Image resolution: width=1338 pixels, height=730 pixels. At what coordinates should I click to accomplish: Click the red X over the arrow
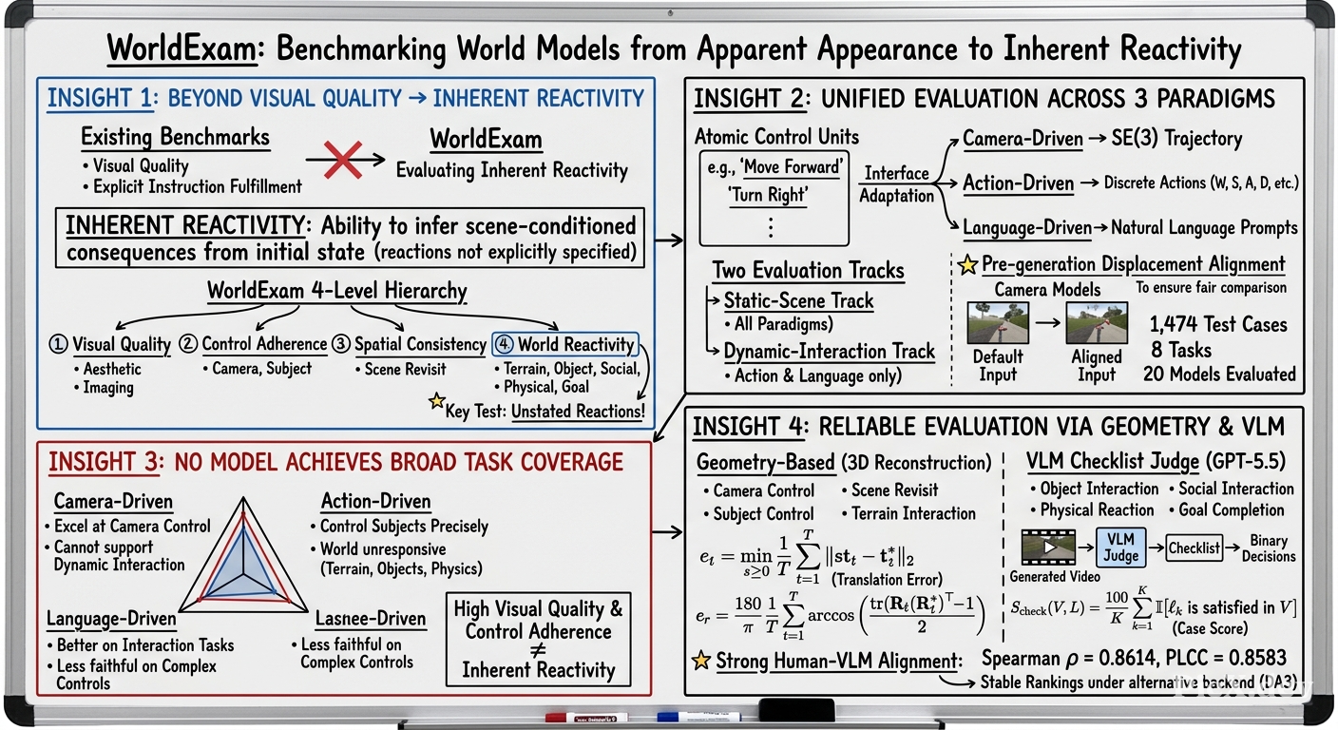[342, 160]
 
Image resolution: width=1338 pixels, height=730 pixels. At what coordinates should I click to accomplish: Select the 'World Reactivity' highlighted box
[565, 344]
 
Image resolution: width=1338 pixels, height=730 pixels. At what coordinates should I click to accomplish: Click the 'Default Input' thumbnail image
[998, 322]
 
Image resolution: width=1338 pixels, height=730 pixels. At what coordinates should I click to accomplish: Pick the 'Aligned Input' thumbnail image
[1097, 322]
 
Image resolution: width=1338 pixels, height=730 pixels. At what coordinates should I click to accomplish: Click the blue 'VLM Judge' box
[1120, 547]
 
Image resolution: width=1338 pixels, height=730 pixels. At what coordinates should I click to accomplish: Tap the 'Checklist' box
[1194, 547]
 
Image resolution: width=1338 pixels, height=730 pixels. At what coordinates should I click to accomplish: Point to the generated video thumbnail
[1048, 547]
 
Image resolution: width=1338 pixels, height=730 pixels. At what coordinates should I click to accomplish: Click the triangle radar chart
[243, 555]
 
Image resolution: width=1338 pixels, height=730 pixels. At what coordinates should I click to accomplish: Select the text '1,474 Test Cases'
[1218, 324]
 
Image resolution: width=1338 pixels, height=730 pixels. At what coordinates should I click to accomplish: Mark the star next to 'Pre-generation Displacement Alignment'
[967, 264]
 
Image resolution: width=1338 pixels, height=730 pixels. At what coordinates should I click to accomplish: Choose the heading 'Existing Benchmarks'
[175, 138]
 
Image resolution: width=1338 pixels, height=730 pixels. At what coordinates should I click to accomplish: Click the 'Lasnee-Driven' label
[371, 618]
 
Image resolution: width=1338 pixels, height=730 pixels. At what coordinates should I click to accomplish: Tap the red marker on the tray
[586, 717]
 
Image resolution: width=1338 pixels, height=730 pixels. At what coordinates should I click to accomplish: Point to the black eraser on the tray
[796, 710]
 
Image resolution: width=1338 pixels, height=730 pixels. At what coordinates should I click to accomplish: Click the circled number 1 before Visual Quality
[58, 344]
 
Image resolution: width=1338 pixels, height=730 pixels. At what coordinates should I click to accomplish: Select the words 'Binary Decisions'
[1269, 548]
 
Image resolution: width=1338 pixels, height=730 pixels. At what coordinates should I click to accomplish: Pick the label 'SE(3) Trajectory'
[1176, 139]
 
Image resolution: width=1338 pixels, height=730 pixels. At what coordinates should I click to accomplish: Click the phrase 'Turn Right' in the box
[768, 195]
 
